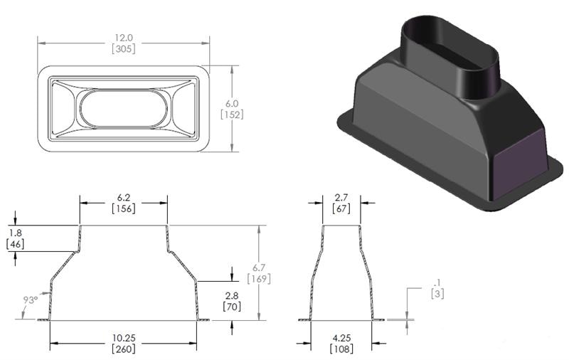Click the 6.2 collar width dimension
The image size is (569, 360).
124,196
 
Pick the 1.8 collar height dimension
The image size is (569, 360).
16,233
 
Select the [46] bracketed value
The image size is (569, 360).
16,245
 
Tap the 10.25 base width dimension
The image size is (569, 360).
124,338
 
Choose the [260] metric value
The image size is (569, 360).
124,349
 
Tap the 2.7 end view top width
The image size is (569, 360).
341,196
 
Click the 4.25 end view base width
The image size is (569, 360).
341,338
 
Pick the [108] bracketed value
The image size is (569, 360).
341,349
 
